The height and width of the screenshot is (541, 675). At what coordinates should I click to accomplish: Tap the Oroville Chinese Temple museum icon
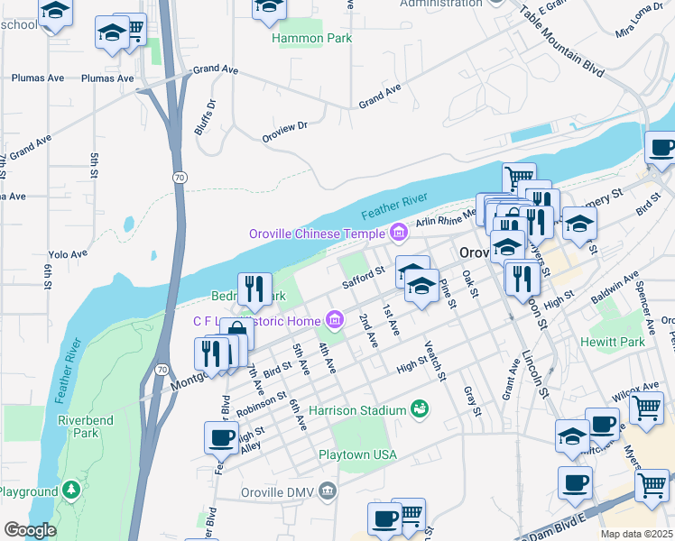[398, 234]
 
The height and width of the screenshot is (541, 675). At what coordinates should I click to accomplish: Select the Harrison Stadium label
[358, 410]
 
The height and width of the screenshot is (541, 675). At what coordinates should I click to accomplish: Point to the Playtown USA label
[358, 454]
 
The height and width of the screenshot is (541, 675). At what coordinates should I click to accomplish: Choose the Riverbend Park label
[78, 426]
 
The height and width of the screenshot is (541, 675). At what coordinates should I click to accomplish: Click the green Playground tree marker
[70, 491]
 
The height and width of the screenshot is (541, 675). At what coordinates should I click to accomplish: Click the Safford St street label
[364, 274]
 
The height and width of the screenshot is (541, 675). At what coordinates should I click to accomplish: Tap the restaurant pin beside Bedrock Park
[254, 289]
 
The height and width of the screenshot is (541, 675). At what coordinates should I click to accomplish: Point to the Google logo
[30, 530]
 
